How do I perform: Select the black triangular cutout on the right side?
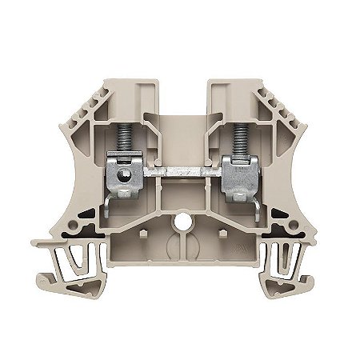[279, 216]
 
